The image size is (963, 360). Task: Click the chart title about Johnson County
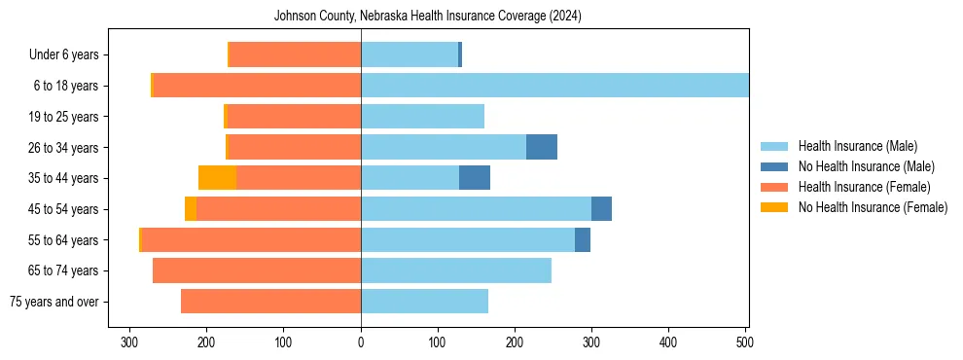coord(428,16)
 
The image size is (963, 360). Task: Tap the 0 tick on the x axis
coord(361,342)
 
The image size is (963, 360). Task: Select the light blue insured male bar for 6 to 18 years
coord(554,86)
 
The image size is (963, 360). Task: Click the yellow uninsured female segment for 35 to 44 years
coord(217,178)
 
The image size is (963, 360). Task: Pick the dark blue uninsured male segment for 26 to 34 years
coord(542,147)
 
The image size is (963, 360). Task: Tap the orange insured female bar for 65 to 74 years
coord(257,270)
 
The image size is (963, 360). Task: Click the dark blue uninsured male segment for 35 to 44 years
coord(475,178)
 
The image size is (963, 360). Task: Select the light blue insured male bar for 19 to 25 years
coord(422,117)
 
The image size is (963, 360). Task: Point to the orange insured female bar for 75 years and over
coord(270,302)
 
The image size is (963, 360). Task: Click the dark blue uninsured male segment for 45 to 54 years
coord(601,209)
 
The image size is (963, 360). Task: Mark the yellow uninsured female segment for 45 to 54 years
coord(191,209)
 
